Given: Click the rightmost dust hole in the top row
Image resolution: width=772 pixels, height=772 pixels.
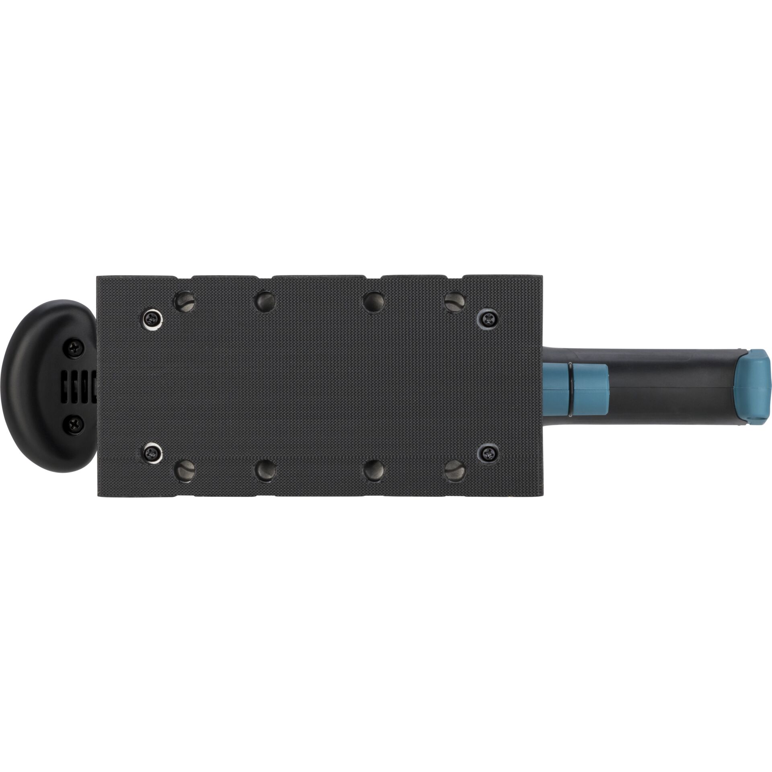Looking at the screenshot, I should pyautogui.click(x=455, y=300).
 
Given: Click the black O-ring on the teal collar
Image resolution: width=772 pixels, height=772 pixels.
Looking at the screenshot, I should pyautogui.click(x=570, y=386).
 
